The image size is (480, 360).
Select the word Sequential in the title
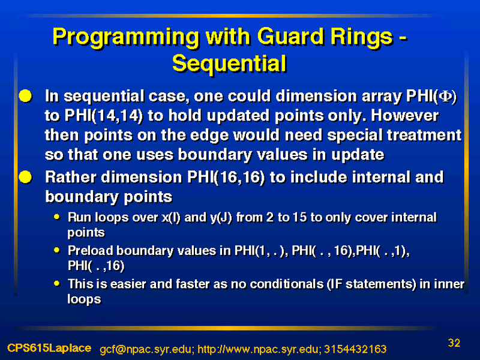[x=229, y=64]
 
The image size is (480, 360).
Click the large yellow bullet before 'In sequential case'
[x=25, y=96]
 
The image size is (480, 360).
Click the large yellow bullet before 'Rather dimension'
[x=25, y=177]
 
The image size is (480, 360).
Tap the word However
[x=404, y=116]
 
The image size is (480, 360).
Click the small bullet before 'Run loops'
[x=56, y=217]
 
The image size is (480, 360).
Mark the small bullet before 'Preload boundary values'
[x=56, y=250]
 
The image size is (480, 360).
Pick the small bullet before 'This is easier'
[x=56, y=283]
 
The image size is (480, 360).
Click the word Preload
[x=91, y=250]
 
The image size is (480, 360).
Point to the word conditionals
[x=286, y=284]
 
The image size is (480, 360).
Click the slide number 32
[x=454, y=343]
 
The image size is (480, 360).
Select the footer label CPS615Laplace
[x=49, y=348]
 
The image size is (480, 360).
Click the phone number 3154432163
[x=355, y=349]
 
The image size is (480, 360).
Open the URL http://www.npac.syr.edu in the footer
[x=259, y=349]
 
